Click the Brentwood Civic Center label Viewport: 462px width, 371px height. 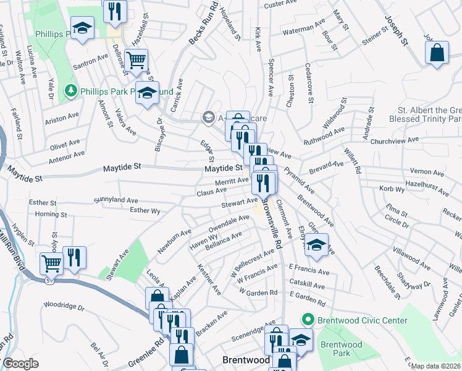click(x=363, y=320)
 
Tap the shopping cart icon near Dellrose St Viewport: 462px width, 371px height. click(x=138, y=60)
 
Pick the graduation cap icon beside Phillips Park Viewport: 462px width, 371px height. click(x=82, y=28)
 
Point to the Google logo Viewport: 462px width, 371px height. click(x=20, y=364)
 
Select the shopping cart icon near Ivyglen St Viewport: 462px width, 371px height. click(x=51, y=263)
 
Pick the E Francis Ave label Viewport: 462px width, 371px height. click(x=309, y=271)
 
